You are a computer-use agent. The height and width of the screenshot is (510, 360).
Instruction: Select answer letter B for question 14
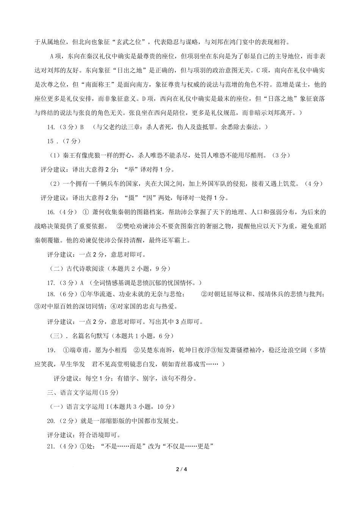tap(81, 127)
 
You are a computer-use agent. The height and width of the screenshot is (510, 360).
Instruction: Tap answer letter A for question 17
tap(81, 283)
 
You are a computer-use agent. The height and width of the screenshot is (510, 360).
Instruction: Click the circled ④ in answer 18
tap(113, 306)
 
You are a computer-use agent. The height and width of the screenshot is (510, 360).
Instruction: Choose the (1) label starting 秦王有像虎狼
tap(55, 155)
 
